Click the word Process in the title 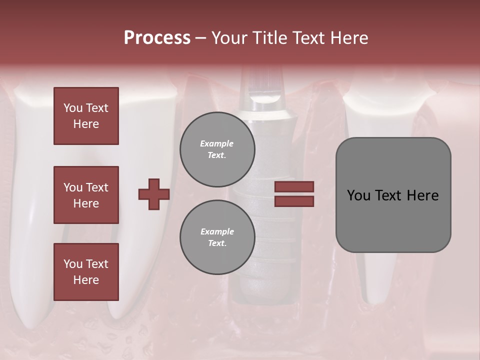point(157,38)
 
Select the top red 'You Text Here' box point(86,116)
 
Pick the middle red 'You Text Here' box point(86,195)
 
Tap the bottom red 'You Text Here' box point(86,272)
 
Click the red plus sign point(154,194)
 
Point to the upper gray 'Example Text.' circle point(217,149)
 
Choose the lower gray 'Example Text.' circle point(217,237)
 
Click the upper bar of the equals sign point(294,186)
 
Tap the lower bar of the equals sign point(294,201)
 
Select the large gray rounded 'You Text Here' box point(393,195)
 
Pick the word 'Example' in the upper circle point(217,143)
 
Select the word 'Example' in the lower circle point(217,231)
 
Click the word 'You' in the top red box point(73,108)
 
